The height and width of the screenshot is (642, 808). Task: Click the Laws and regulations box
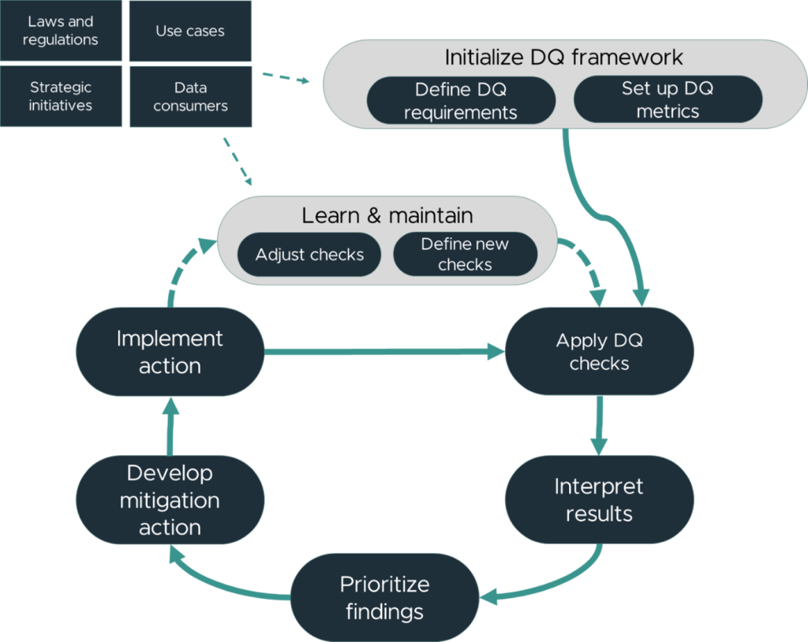pos(61,31)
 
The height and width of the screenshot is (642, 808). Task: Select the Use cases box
pos(190,31)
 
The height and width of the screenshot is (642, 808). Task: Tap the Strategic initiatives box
pos(61,96)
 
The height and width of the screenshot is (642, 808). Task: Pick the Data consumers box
pos(191,96)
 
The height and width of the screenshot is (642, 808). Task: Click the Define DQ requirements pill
pos(461,100)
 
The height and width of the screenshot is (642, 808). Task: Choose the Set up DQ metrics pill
pos(668,99)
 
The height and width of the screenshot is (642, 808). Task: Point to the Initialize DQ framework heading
pos(563,58)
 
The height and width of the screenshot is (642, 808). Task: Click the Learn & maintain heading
pos(387,215)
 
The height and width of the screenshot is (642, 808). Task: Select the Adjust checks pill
pos(309,255)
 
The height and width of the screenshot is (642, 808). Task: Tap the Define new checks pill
pos(466,254)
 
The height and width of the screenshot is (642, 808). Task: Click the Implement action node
pos(170,352)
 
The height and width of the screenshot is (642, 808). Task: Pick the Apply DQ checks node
pos(600,352)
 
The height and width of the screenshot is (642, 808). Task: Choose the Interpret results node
pos(600,500)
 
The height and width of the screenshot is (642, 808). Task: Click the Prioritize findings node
pos(384,598)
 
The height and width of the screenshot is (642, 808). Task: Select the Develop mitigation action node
pos(170,500)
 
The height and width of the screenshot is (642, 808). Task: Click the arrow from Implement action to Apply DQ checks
pos(384,352)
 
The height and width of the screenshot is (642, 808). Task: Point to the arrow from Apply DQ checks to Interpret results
pos(599,426)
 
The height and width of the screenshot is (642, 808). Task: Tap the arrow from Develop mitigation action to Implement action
pos(170,426)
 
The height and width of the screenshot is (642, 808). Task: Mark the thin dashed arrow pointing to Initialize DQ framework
pos(286,78)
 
